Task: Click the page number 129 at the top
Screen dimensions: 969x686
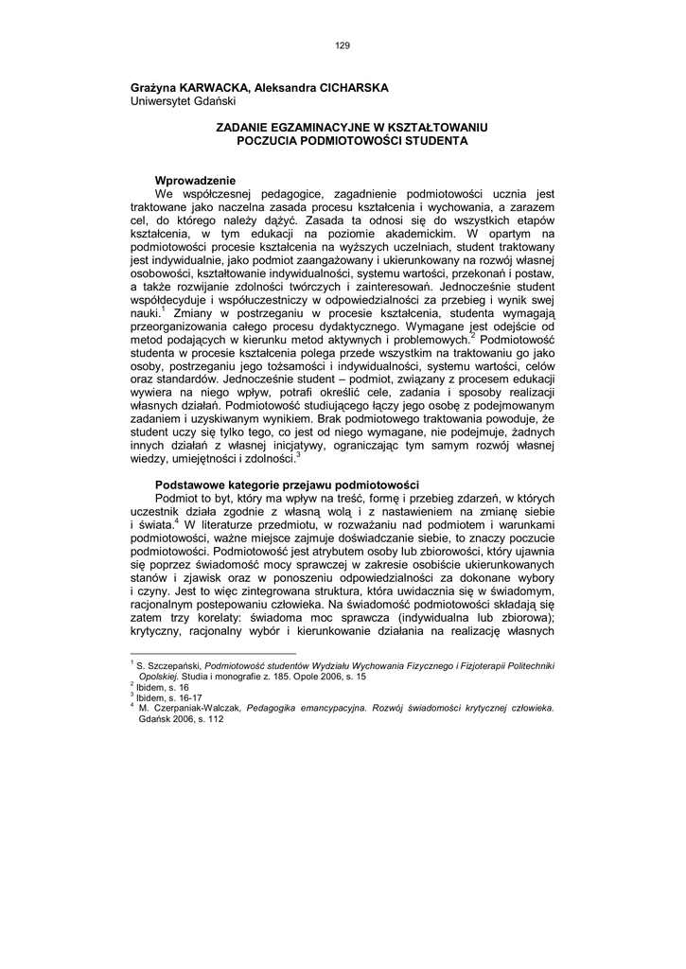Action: pyautogui.click(x=343, y=44)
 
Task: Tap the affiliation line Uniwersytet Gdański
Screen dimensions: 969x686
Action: pyautogui.click(x=184, y=100)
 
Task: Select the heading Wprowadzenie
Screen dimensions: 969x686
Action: pyautogui.click(x=195, y=181)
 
